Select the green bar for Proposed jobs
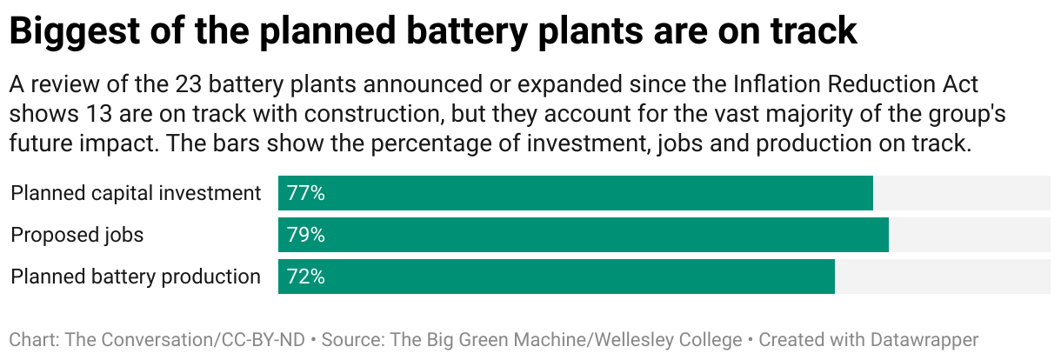584,235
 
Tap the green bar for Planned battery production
557,277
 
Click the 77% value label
305,193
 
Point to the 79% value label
305,235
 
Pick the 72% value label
305,277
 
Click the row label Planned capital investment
136,193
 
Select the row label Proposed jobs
77,235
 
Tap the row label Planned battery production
136,277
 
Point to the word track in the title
809,31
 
